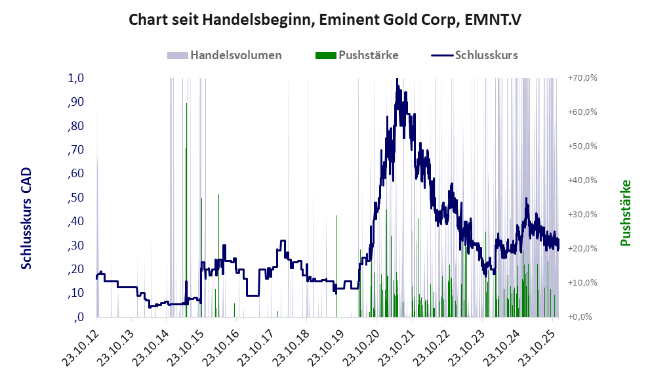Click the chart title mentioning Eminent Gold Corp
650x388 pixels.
(x=325, y=20)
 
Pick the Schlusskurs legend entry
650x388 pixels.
(x=486, y=55)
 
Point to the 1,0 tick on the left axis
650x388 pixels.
(x=76, y=78)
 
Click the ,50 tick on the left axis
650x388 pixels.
(x=76, y=198)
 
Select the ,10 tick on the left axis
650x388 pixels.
(x=76, y=293)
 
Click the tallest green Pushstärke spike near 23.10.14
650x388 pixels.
(x=187, y=105)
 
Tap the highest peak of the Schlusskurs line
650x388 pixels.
(x=397, y=80)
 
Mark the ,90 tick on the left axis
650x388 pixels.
(x=76, y=102)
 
